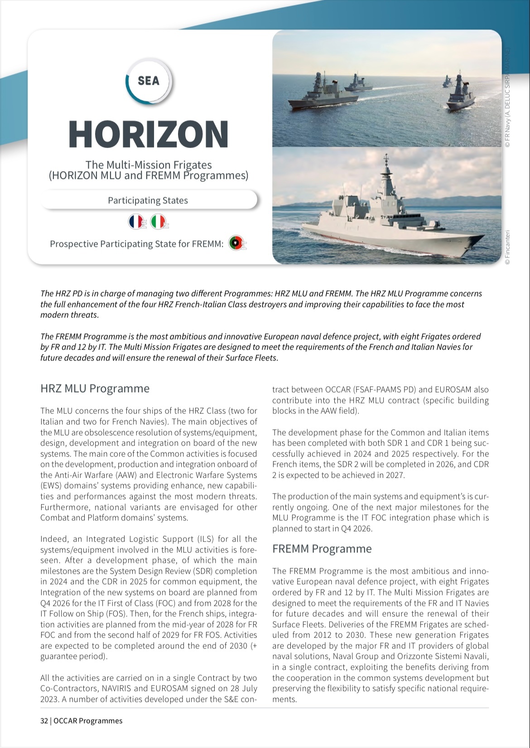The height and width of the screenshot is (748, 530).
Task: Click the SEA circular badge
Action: click(149, 81)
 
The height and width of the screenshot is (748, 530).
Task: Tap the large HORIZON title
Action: click(148, 134)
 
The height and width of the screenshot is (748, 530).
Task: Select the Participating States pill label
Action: click(148, 200)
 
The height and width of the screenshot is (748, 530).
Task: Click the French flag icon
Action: click(136, 222)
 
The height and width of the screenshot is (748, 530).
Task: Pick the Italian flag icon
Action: click(158, 222)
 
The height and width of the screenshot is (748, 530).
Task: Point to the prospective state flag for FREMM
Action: click(236, 244)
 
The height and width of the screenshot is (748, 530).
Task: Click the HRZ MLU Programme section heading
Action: click(95, 388)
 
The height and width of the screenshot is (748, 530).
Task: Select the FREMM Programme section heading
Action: click(322, 549)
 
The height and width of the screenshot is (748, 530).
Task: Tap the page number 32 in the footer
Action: click(44, 721)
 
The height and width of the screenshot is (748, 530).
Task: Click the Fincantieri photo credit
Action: click(508, 247)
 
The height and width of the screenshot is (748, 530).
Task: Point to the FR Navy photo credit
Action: click(508, 97)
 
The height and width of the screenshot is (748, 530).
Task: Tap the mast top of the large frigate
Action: click(386, 158)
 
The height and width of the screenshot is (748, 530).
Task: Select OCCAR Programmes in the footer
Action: click(88, 721)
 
